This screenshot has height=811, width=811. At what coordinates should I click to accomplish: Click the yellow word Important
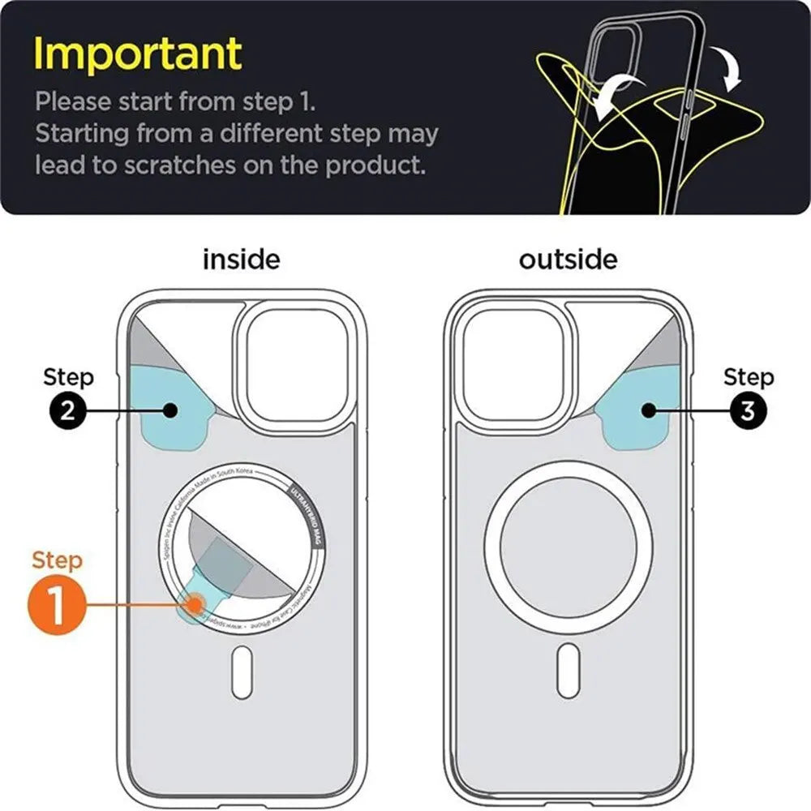(x=138, y=54)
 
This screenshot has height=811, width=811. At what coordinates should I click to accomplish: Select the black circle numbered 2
(x=68, y=410)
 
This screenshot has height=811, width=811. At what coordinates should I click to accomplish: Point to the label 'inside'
(x=241, y=260)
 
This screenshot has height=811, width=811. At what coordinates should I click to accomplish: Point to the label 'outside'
(x=568, y=260)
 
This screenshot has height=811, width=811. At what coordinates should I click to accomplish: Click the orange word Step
(x=57, y=560)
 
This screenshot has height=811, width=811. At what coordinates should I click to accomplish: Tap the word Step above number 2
(x=68, y=377)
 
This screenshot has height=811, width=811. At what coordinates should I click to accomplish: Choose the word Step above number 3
(x=748, y=377)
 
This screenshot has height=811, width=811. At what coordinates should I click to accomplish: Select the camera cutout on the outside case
(x=513, y=364)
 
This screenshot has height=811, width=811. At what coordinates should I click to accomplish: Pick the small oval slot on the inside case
(x=242, y=671)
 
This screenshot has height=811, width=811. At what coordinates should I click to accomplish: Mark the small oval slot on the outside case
(x=568, y=671)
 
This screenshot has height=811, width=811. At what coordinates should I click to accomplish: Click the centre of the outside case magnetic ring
(x=568, y=547)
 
